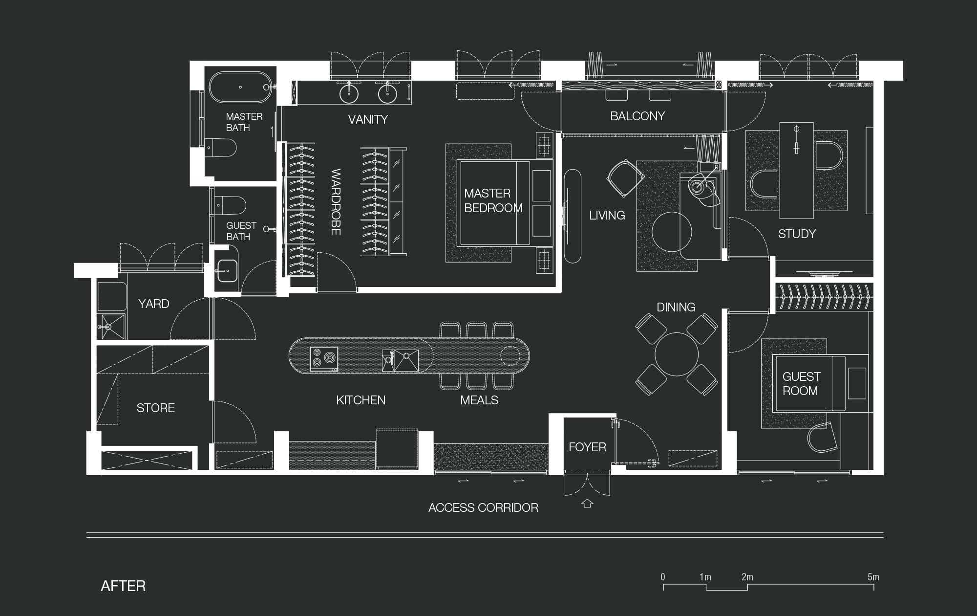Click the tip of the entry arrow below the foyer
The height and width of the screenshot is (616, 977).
pyautogui.click(x=587, y=499)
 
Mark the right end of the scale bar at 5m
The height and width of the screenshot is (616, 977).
pyautogui.click(x=873, y=584)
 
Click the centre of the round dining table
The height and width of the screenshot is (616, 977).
pyautogui.click(x=677, y=354)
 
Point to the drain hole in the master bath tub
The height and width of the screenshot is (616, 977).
pyautogui.click(x=240, y=88)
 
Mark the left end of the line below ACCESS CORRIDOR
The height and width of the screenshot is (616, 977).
pyautogui.click(x=87, y=533)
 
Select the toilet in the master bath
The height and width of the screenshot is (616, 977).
pyautogui.click(x=221, y=148)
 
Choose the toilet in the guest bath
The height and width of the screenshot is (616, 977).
pyautogui.click(x=230, y=206)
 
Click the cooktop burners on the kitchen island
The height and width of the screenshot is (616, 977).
pyautogui.click(x=323, y=359)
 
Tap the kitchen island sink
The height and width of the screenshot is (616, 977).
pyautogui.click(x=400, y=360)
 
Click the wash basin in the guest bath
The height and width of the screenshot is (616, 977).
pyautogui.click(x=227, y=270)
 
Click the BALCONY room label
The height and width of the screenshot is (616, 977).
pyautogui.click(x=637, y=116)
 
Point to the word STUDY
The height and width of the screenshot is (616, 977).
pyautogui.click(x=797, y=234)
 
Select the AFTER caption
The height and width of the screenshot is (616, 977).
pyautogui.click(x=123, y=586)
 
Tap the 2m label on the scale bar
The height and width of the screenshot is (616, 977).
pyautogui.click(x=747, y=577)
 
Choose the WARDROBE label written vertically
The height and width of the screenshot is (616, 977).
pyautogui.click(x=336, y=202)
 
